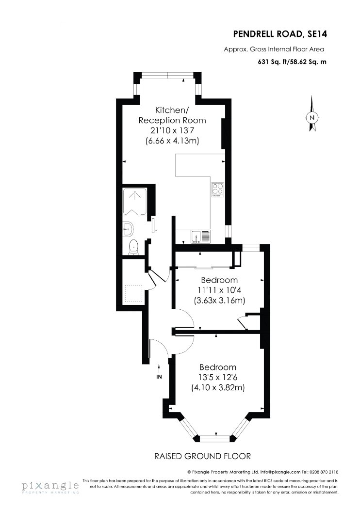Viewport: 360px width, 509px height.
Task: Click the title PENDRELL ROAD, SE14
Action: tap(280, 34)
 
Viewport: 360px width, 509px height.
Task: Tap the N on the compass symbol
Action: tap(312, 118)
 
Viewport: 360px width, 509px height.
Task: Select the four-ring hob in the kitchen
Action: tap(218, 190)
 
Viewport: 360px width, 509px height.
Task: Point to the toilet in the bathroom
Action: tap(133, 247)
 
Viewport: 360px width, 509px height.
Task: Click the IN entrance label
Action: tap(159, 377)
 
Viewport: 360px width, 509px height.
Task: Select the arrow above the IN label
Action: tap(159, 369)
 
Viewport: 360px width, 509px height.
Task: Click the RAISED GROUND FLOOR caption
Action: tap(202, 456)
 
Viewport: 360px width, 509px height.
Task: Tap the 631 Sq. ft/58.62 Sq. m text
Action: tap(292, 62)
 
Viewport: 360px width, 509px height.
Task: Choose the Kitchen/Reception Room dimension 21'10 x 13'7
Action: tap(172, 130)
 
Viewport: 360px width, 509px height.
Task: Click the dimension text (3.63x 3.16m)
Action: tap(219, 300)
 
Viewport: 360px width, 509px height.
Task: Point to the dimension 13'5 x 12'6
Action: tap(218, 377)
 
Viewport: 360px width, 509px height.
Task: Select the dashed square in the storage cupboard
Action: tap(133, 293)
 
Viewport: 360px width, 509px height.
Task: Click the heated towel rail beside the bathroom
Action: tap(154, 225)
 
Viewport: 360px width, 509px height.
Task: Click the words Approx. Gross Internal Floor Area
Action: tap(274, 49)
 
